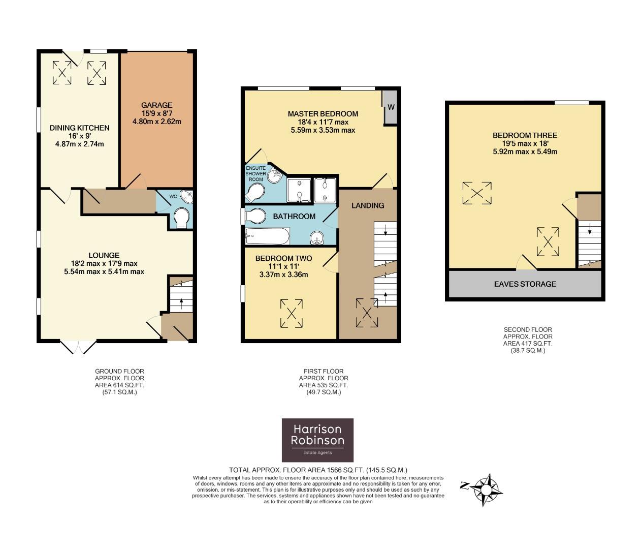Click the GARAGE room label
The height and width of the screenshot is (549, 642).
[156, 105]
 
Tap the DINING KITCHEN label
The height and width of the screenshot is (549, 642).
[79, 128]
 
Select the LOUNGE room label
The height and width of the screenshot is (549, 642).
[104, 255]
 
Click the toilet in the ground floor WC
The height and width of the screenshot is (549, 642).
[181, 219]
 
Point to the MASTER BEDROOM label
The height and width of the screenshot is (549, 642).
[323, 114]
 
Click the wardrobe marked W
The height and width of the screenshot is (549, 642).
[391, 107]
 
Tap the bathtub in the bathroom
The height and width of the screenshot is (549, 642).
[267, 236]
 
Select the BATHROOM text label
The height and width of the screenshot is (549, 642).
[294, 217]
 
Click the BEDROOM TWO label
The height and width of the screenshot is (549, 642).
[283, 258]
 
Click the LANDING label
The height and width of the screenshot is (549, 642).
[368, 205]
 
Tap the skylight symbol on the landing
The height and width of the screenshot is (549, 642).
[366, 313]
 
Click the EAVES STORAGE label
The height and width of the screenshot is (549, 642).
[525, 284]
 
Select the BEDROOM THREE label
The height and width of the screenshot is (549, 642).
[525, 135]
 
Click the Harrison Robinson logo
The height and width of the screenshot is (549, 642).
[317, 440]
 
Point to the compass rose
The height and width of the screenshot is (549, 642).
[486, 489]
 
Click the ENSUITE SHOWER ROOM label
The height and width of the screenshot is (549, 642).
[255, 174]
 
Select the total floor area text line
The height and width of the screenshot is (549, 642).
[318, 470]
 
